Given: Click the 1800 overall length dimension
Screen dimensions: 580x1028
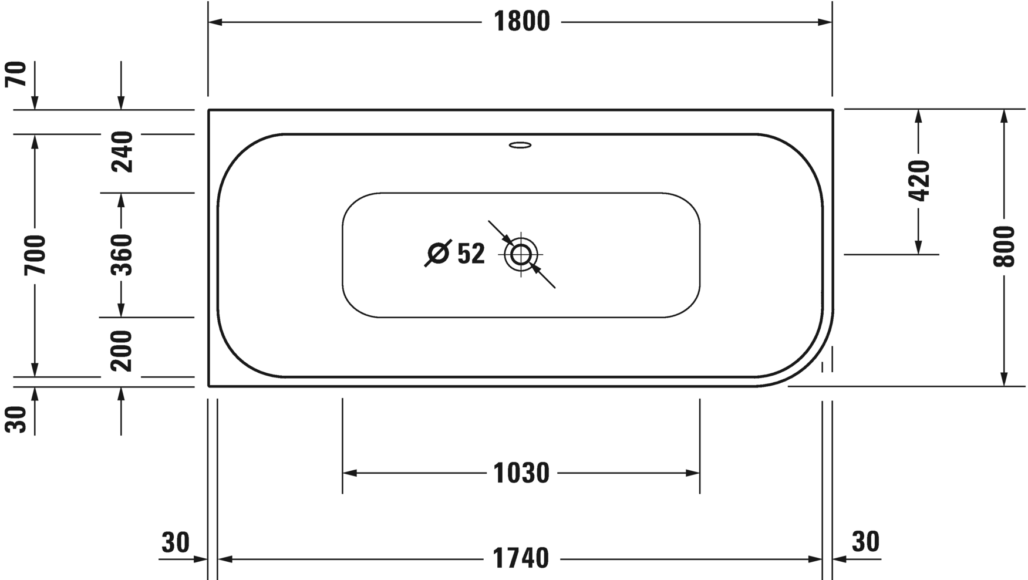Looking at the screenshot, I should click(521, 22).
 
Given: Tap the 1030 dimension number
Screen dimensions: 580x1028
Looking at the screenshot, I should click(521, 473).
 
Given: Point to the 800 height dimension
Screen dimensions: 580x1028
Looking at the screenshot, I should click(1004, 247).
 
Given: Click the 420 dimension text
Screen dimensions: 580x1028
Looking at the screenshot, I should click(919, 180).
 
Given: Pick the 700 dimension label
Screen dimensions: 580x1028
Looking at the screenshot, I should click(35, 255).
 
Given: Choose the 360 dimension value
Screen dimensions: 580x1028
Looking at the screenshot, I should click(122, 255).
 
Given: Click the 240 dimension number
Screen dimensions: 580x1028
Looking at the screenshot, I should click(122, 152).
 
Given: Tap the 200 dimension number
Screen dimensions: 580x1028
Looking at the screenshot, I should click(122, 350).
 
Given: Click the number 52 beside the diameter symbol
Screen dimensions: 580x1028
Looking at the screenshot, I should click(471, 254).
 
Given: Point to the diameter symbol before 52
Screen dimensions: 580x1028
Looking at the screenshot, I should click(438, 254).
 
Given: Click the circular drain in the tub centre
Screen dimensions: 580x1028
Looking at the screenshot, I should click(521, 255).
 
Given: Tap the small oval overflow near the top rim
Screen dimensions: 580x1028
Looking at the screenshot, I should click(520, 144).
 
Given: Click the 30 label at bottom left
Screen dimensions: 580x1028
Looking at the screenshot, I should click(176, 543).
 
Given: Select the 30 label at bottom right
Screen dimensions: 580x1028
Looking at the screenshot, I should click(865, 542).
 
